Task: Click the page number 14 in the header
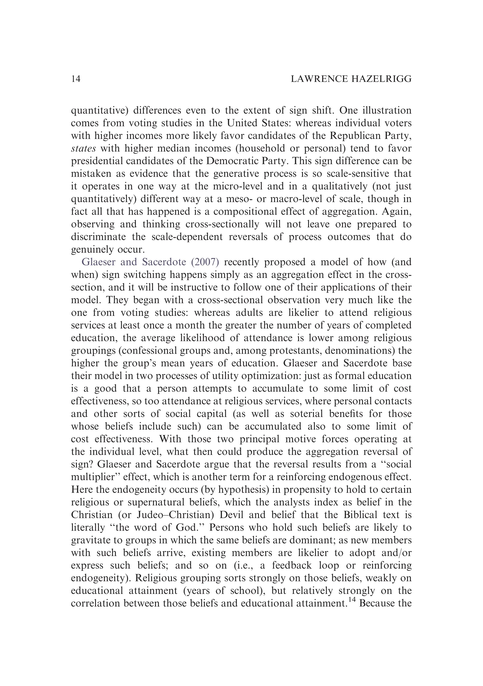(x=76, y=79)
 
